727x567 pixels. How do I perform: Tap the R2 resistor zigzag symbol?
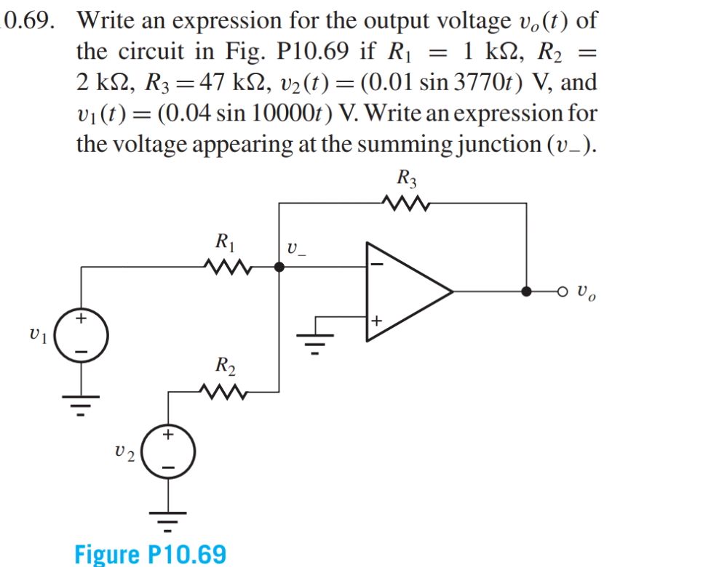coord(229,392)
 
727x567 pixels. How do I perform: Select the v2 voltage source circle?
coord(168,451)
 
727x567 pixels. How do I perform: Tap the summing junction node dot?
coord(279,267)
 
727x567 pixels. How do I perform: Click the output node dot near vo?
coord(526,291)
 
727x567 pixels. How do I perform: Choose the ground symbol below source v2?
coord(168,518)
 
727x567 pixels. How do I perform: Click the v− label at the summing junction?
coord(296,249)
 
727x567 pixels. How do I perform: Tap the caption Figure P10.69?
coord(151,554)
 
